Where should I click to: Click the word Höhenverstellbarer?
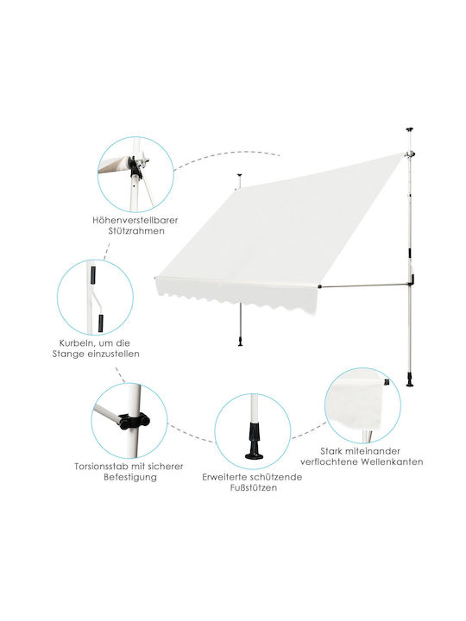(135, 220)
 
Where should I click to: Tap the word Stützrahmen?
(136, 231)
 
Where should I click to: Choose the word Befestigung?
(130, 477)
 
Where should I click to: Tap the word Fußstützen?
(253, 488)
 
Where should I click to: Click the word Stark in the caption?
(331, 451)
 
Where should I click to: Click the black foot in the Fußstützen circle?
(254, 441)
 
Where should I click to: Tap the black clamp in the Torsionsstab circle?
(134, 422)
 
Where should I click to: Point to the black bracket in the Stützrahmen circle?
(135, 168)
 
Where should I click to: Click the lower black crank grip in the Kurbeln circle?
(101, 323)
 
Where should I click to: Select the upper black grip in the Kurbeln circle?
(93, 275)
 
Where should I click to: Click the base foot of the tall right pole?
(410, 379)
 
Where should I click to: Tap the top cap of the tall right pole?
(409, 129)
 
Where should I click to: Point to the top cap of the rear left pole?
(238, 174)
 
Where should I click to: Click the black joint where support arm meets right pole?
(412, 279)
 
